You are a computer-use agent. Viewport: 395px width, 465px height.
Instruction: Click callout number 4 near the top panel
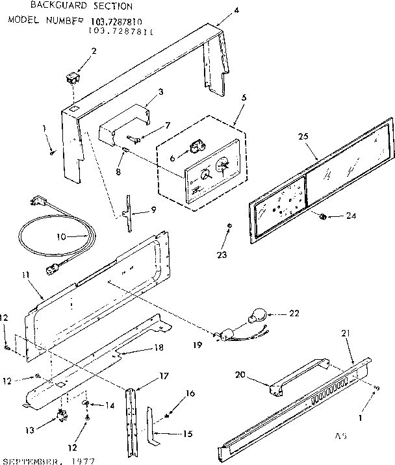(218, 10)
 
